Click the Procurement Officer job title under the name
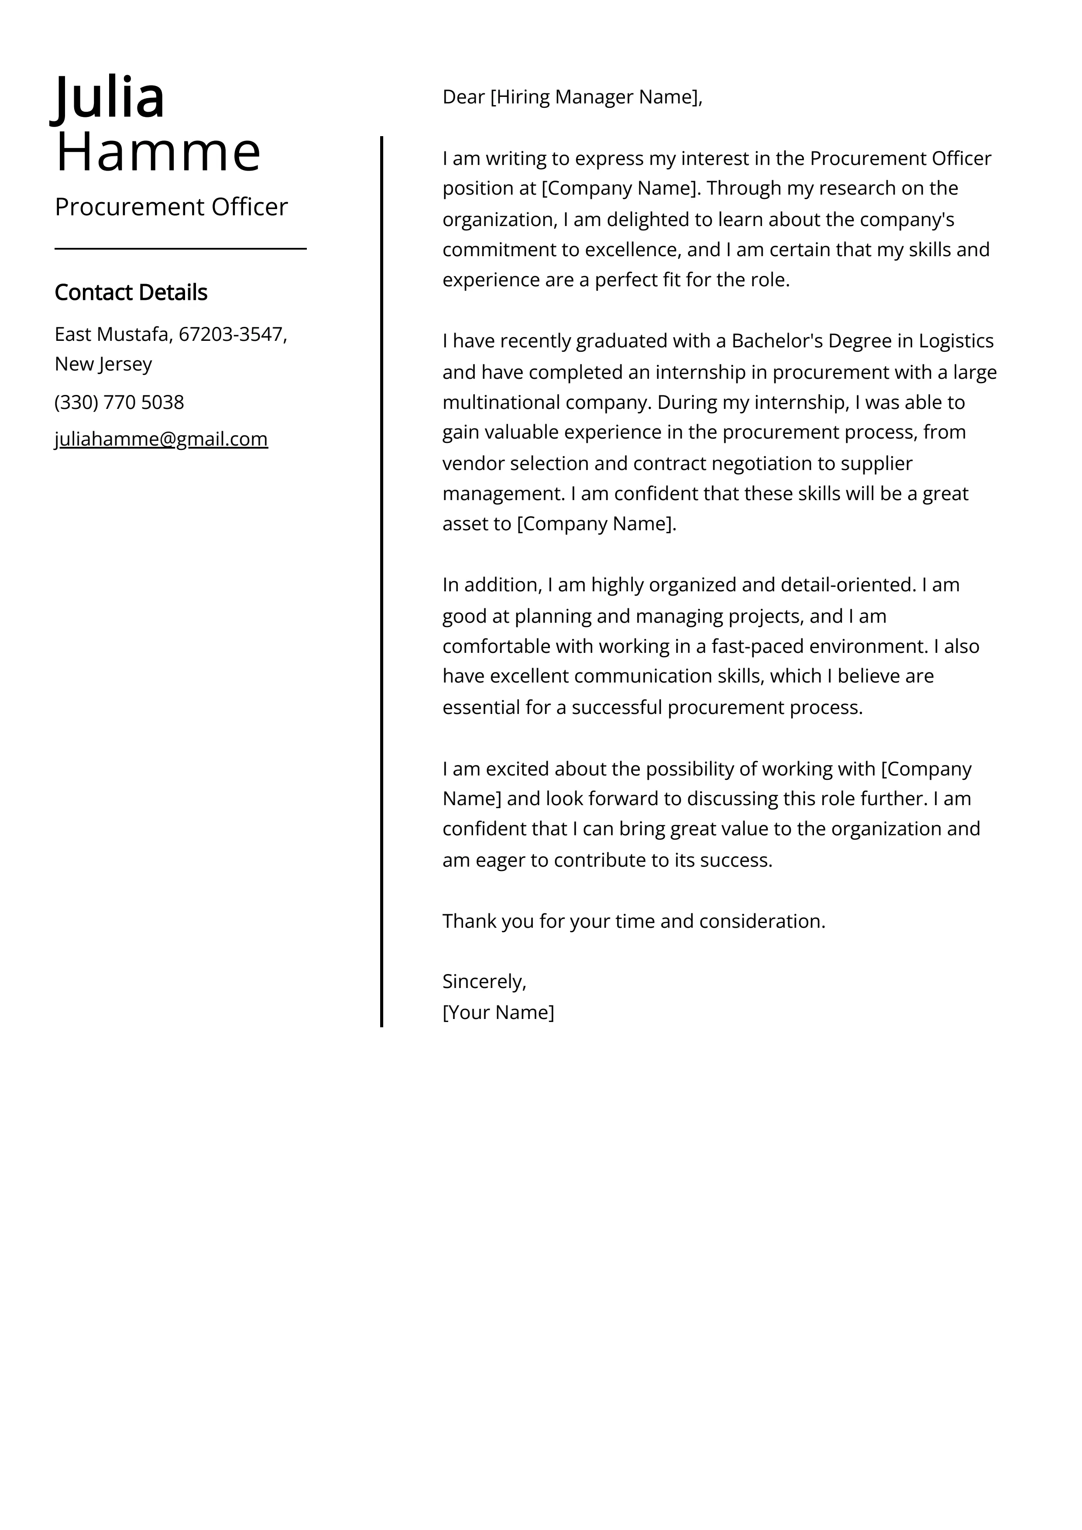click(171, 207)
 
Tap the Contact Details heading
click(131, 292)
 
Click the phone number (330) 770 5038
click(119, 402)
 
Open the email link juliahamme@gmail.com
click(161, 439)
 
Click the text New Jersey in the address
click(103, 364)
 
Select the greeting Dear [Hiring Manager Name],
click(572, 97)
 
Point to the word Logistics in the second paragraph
click(955, 341)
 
